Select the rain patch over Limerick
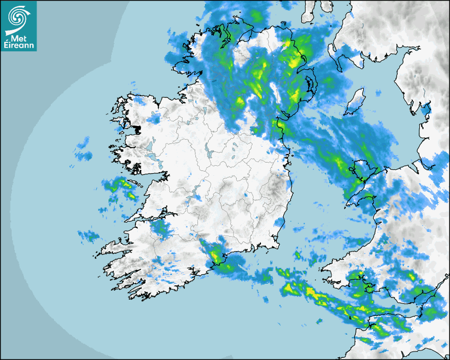tap(160, 228)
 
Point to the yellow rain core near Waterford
tap(215, 257)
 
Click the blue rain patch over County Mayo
tap(154, 119)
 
